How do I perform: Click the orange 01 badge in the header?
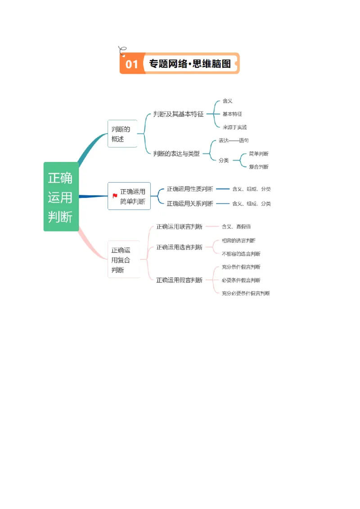pos(131,64)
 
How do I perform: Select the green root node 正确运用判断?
pos(61,197)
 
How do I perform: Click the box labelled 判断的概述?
pos(121,134)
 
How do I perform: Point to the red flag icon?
pos(115,196)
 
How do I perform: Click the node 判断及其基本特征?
pos(178,114)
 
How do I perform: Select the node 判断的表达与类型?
pos(176,154)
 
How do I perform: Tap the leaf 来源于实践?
pos(234,127)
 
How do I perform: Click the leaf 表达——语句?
pos(234,141)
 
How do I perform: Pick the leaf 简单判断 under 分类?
pos(258,154)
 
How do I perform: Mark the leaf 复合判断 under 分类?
pos(258,167)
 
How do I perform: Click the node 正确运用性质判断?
pos(190,189)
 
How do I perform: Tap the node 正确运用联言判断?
pos(179,227)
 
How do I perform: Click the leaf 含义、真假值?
pos(236,227)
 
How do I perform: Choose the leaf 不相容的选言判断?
pos(241,254)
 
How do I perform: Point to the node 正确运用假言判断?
pos(179,280)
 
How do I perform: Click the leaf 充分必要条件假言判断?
pos(246,294)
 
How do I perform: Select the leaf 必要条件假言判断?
pos(241,280)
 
